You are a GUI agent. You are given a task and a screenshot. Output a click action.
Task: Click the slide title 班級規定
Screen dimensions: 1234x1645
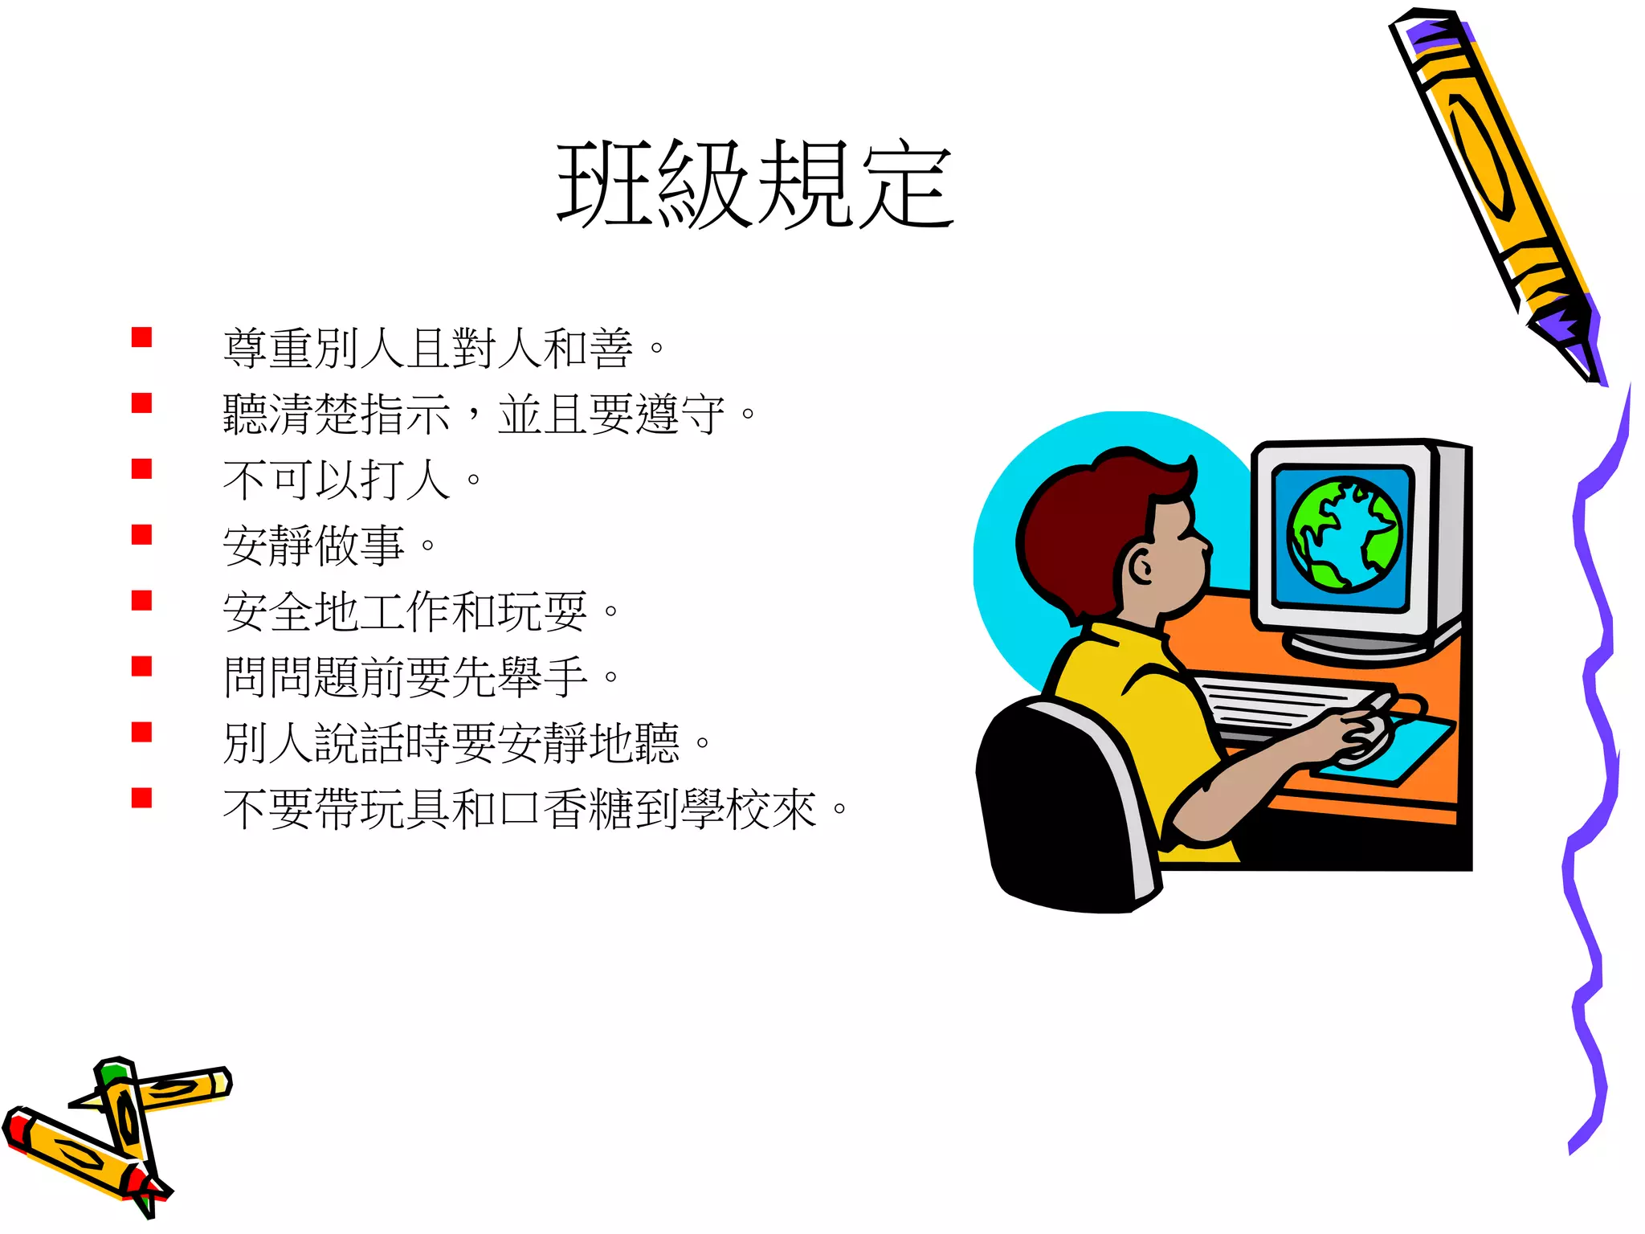tap(755, 185)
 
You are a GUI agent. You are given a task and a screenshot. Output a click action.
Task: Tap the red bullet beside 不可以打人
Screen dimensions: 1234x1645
tap(142, 469)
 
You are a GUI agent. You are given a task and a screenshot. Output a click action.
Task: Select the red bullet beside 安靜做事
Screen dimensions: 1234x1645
tap(142, 535)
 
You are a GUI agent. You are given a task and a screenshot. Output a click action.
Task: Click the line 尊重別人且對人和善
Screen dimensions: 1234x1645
tap(443, 349)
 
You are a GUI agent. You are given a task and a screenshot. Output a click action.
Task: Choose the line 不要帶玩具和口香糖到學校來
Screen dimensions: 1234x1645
tap(535, 809)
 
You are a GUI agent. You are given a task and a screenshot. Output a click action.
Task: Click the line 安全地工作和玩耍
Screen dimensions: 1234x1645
tap(421, 611)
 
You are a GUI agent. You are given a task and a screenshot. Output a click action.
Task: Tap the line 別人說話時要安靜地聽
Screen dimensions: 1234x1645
tap(467, 743)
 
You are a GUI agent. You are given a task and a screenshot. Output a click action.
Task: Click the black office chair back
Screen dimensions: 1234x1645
tap(1052, 811)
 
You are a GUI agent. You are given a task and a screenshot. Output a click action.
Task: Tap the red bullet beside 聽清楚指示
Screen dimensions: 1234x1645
tap(142, 403)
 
